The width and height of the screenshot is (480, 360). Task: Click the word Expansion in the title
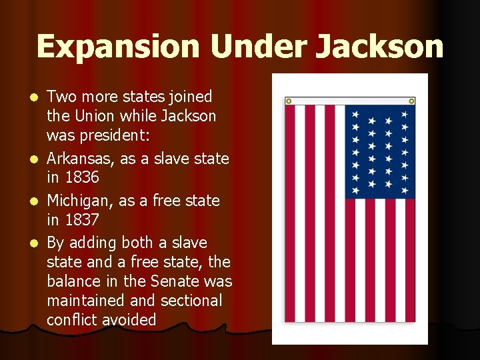click(119, 47)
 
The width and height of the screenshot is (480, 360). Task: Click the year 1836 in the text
click(82, 178)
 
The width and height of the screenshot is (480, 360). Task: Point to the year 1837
click(82, 220)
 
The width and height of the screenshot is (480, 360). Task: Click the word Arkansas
click(77, 159)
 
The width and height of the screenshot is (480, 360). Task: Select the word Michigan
click(77, 201)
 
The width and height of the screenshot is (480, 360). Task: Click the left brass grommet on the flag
click(289, 101)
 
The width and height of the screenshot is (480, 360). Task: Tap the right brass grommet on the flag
click(411, 101)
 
